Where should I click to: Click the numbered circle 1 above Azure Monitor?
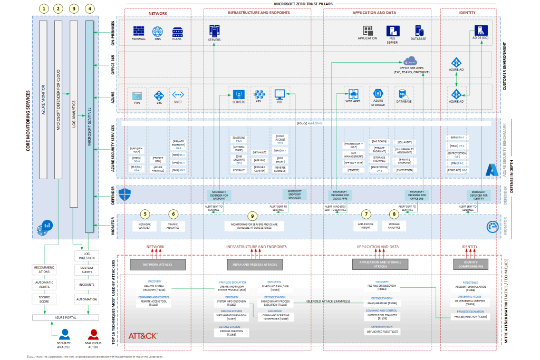pyautogui.click(x=43, y=9)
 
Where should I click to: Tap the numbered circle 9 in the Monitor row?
pyautogui.click(x=253, y=216)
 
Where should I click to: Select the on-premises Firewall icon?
pyautogui.click(x=139, y=31)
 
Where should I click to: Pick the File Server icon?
pyautogui.click(x=392, y=31)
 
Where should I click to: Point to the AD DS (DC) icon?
pyautogui.click(x=480, y=31)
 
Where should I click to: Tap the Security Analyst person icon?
pyautogui.click(x=64, y=335)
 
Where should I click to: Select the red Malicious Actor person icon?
pyautogui.click(x=93, y=335)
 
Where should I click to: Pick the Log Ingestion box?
pyautogui.click(x=86, y=256)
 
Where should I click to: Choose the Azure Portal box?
pyautogui.click(x=64, y=318)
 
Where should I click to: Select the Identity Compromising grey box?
pyautogui.click(x=470, y=264)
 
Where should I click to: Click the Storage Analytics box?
pyautogui.click(x=394, y=226)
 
